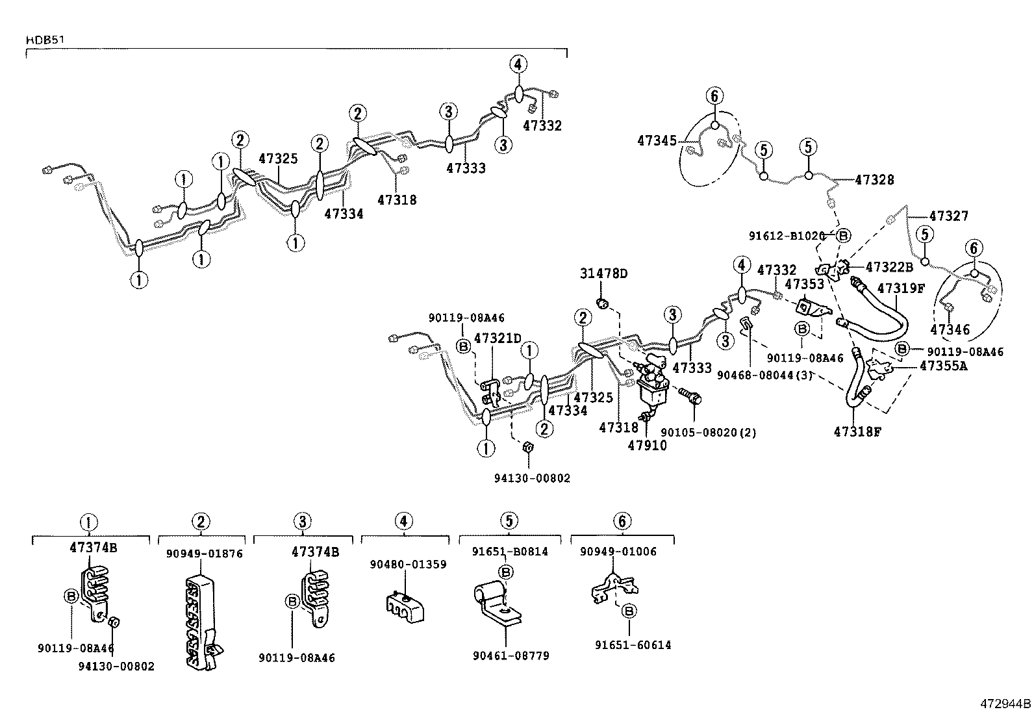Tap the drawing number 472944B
click(x=1005, y=703)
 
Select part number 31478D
click(x=603, y=274)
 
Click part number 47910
click(x=647, y=446)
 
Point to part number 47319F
click(x=901, y=288)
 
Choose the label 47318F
click(x=857, y=431)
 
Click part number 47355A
click(x=943, y=366)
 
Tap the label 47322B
click(x=890, y=266)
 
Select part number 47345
click(x=657, y=140)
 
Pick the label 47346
click(x=950, y=330)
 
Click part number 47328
click(x=874, y=180)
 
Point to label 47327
click(x=949, y=216)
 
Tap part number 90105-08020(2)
click(x=708, y=432)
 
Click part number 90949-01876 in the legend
click(x=204, y=554)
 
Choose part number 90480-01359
click(x=408, y=565)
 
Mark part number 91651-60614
click(x=633, y=645)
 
